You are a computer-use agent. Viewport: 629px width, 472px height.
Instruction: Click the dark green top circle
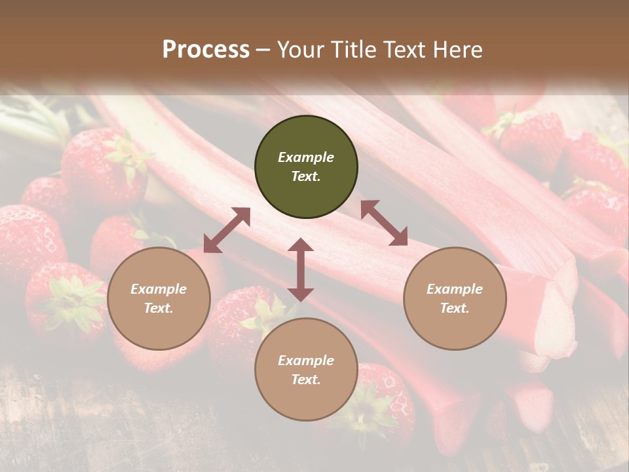(x=306, y=167)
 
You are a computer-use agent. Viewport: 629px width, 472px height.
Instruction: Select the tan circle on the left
(x=159, y=298)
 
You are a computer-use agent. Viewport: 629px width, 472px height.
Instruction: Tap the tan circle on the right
(x=455, y=298)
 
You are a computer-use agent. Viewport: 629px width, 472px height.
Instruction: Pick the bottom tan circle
(x=306, y=370)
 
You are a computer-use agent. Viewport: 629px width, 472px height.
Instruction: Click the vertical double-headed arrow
(x=301, y=269)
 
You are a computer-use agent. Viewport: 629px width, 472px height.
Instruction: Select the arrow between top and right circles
(x=384, y=223)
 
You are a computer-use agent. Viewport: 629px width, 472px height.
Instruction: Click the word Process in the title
(x=206, y=50)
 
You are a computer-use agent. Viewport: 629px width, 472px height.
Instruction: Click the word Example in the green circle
(x=306, y=157)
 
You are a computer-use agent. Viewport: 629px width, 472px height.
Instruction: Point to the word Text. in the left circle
(x=159, y=308)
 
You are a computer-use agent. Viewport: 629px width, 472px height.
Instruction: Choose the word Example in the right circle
(x=455, y=289)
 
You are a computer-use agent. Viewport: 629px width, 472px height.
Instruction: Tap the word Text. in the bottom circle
(x=306, y=380)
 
